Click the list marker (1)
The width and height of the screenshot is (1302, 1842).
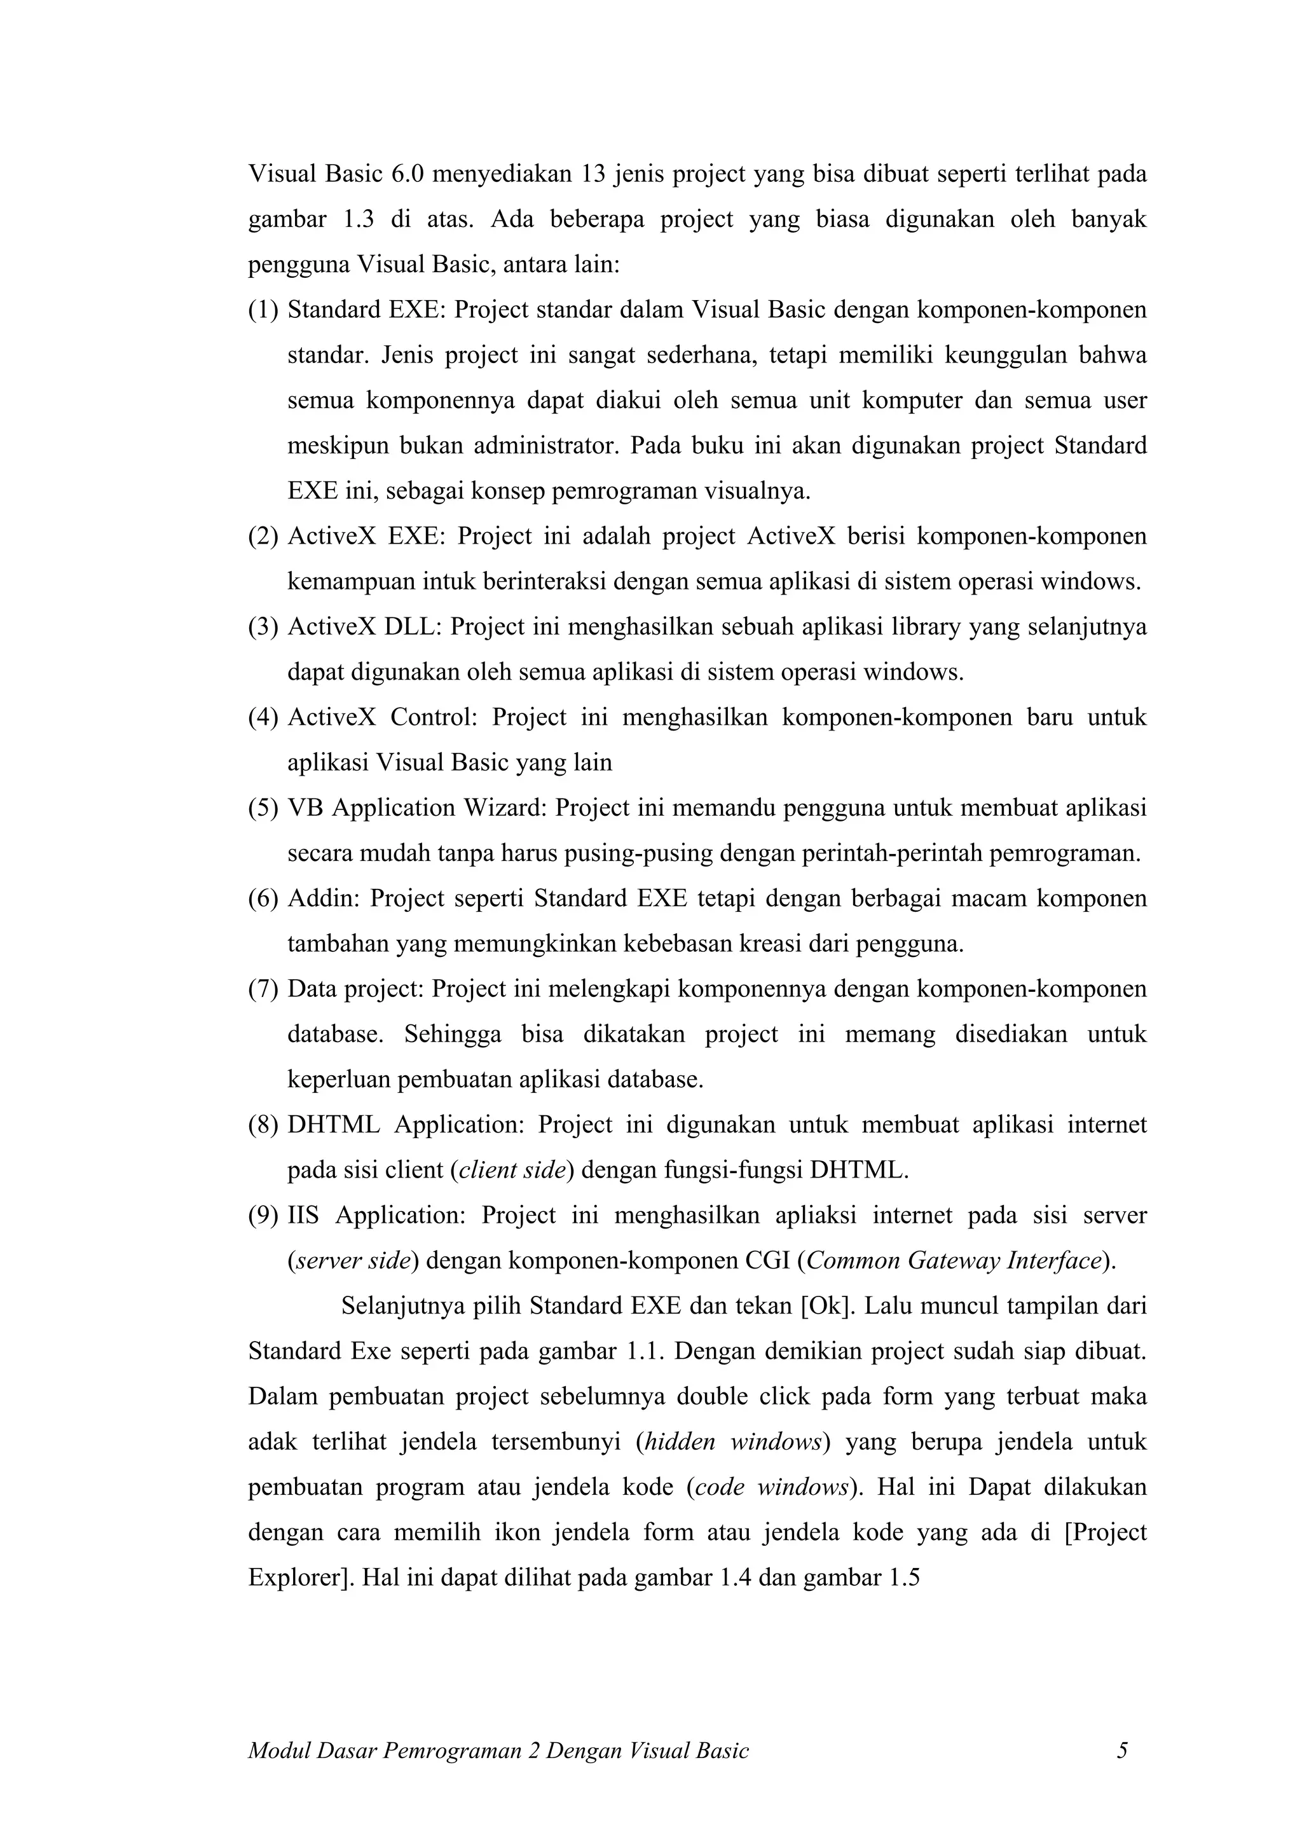tap(263, 310)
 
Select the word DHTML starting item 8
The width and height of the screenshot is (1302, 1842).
tap(334, 1125)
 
